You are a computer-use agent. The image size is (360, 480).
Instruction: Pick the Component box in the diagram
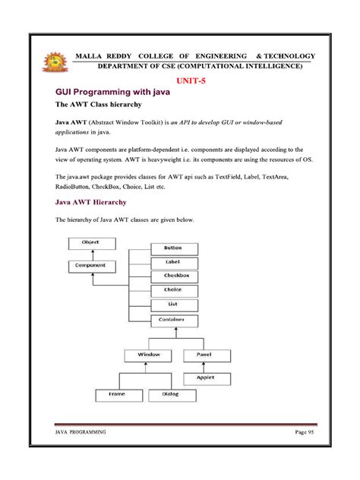click(x=90, y=266)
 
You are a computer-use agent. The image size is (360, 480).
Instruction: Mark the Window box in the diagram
click(x=149, y=355)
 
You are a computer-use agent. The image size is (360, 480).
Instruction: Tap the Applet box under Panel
click(x=205, y=377)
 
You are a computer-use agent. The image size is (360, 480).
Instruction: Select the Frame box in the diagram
click(x=116, y=395)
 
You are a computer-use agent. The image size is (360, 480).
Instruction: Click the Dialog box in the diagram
click(x=175, y=395)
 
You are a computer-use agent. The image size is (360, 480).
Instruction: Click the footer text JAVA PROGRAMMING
click(x=81, y=431)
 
